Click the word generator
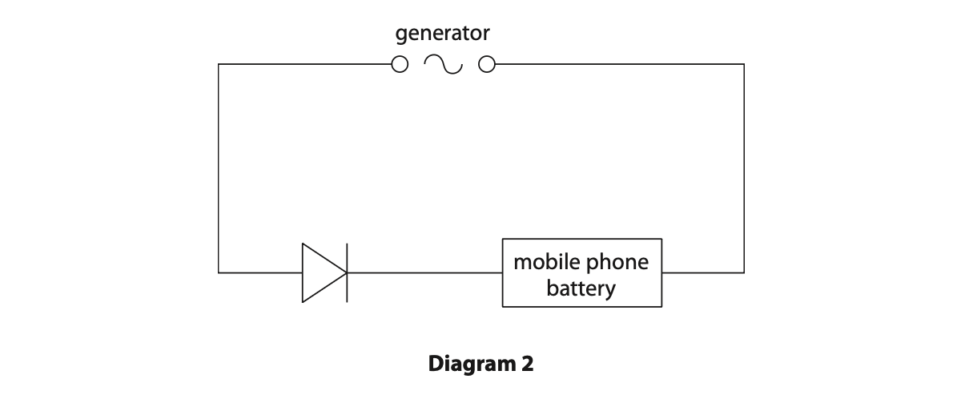442,34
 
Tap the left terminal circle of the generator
400,64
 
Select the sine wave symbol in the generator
443,64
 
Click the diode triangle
321,272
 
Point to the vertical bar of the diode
347,272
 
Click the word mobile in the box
541,262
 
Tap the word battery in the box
581,288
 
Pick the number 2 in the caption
526,365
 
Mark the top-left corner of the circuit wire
219,64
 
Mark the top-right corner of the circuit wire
744,64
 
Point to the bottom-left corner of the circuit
219,272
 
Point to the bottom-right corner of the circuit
744,272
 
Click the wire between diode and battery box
424,272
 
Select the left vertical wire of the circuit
219,168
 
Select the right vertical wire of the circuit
744,168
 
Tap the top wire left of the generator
304,64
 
